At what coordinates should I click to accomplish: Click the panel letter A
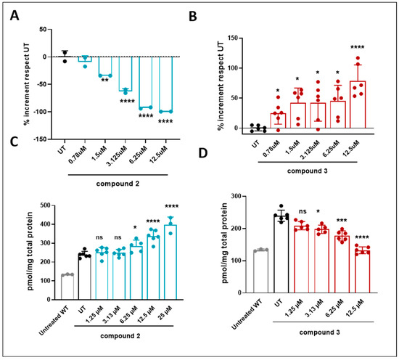click(15, 15)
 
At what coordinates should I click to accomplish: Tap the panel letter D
click(203, 152)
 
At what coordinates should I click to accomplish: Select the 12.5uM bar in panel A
click(165, 84)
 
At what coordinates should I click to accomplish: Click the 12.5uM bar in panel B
click(358, 105)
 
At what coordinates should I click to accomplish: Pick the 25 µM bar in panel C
click(170, 262)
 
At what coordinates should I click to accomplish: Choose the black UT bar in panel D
click(281, 254)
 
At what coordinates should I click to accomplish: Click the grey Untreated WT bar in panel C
click(67, 287)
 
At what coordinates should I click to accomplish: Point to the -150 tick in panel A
click(40, 139)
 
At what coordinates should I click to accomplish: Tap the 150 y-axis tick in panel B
click(231, 38)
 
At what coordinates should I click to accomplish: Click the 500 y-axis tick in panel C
click(45, 205)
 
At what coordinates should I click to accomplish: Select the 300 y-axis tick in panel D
click(236, 196)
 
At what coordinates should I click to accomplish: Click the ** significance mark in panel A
click(105, 81)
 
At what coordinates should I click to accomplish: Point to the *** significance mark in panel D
click(342, 221)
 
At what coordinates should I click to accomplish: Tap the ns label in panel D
click(303, 211)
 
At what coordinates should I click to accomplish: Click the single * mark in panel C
click(135, 227)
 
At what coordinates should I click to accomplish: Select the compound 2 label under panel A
click(118, 184)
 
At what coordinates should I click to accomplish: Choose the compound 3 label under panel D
click(320, 332)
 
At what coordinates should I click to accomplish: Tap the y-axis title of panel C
click(30, 251)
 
